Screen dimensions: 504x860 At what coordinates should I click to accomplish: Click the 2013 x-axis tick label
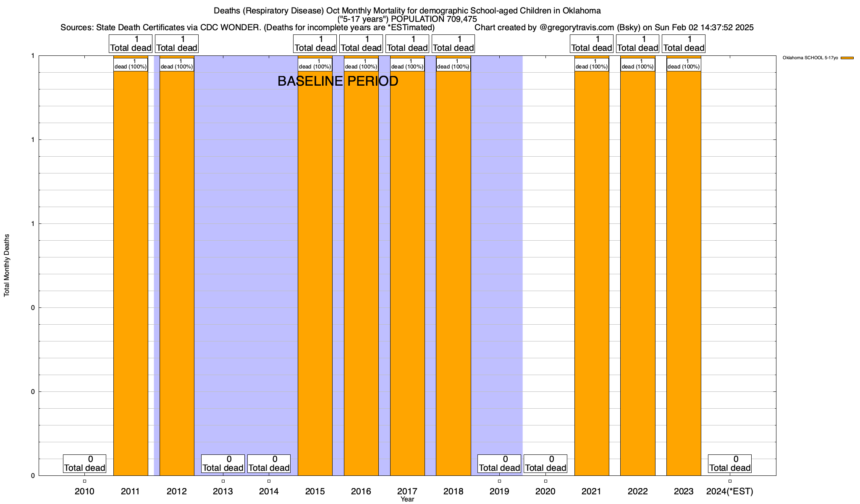tap(223, 491)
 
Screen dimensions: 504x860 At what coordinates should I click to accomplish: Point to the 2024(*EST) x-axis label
tap(730, 491)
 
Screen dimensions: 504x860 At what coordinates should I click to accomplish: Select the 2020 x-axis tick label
tap(545, 491)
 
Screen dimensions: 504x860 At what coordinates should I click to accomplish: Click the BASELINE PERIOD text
tap(338, 81)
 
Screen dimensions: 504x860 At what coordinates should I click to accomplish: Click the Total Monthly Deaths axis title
tap(7, 265)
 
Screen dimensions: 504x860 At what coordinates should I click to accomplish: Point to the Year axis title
tap(407, 499)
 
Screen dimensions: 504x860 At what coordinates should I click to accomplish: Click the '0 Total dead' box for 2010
tap(84, 464)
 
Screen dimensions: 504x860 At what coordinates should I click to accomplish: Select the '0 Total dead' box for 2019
tap(499, 464)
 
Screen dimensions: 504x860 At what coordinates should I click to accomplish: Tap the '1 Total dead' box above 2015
tap(315, 44)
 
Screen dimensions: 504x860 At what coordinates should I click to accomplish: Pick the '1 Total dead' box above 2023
tap(684, 44)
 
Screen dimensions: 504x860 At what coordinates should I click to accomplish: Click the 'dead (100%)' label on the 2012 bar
tap(177, 65)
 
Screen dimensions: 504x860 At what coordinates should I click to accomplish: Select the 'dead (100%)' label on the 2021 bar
tap(592, 65)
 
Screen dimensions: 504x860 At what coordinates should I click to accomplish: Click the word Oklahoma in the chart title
tap(582, 10)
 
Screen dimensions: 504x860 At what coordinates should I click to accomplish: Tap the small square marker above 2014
tap(269, 481)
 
